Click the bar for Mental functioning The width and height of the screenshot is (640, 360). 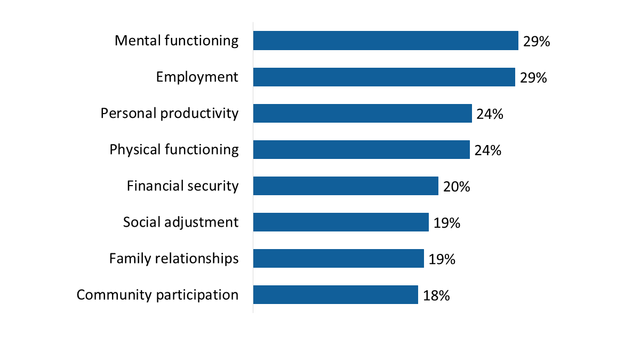click(x=386, y=41)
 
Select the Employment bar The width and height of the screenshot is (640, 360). click(x=384, y=77)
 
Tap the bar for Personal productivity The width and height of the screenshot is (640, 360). click(x=363, y=113)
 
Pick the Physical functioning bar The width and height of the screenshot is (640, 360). click(x=362, y=149)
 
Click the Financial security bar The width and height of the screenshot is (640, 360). click(x=346, y=186)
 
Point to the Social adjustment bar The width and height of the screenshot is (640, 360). click(x=341, y=222)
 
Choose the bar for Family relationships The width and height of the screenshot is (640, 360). click(x=339, y=258)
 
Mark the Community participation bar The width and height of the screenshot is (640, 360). click(x=335, y=294)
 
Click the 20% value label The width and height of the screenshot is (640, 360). click(x=456, y=187)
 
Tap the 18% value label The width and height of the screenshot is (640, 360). click(x=436, y=295)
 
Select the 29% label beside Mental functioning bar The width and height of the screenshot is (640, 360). click(x=536, y=42)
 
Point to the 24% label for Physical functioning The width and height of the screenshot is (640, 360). click(x=487, y=150)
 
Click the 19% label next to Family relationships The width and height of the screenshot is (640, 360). click(x=442, y=259)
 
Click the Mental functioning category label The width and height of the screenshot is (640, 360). click(x=177, y=41)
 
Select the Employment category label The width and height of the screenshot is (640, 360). click(x=197, y=77)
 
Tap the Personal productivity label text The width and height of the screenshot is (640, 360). click(x=170, y=113)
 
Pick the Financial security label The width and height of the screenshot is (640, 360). click(x=182, y=186)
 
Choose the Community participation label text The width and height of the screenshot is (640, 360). click(x=157, y=294)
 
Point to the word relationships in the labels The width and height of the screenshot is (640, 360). click(x=196, y=258)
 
